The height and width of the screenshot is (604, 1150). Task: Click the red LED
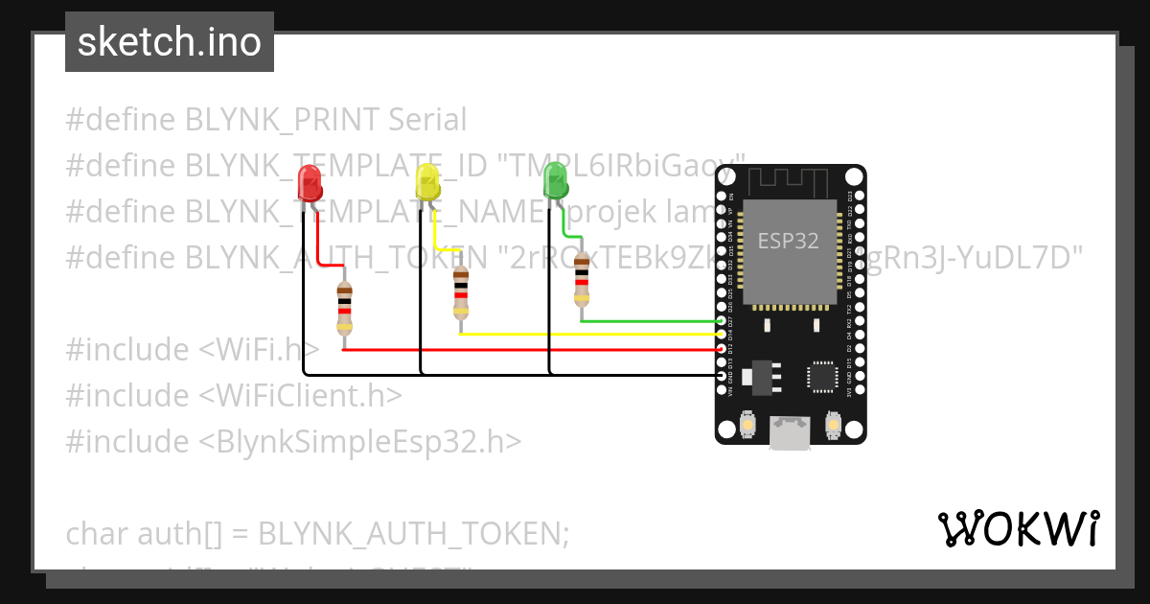(310, 182)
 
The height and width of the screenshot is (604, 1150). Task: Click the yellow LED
(427, 181)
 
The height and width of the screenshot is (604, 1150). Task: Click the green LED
(555, 180)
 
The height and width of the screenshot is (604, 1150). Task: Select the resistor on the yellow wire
(462, 292)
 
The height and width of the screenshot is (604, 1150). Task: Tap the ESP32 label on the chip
(788, 241)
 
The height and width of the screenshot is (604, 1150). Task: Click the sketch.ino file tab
(170, 42)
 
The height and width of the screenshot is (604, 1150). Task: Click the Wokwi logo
(1018, 528)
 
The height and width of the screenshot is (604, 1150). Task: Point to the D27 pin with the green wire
(722, 321)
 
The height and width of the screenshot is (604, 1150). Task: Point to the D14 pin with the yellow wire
(722, 335)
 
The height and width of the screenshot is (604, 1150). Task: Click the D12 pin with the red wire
(722, 349)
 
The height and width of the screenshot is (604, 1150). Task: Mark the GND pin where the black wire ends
(722, 376)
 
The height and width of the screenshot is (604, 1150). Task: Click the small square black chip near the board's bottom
(822, 376)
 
